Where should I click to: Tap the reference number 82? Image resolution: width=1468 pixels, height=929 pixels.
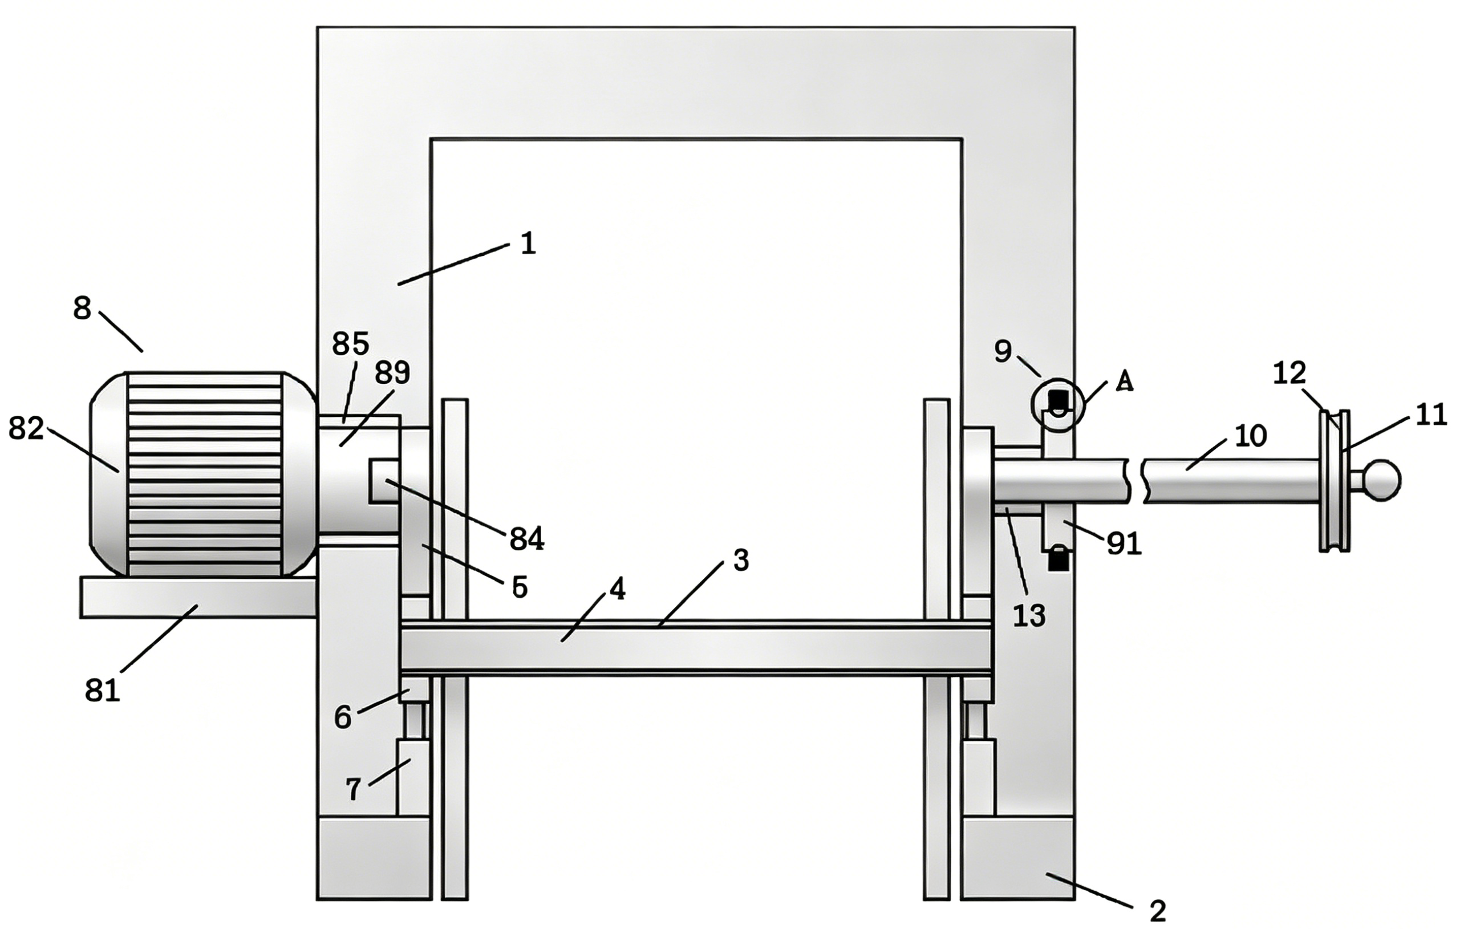pyautogui.click(x=26, y=429)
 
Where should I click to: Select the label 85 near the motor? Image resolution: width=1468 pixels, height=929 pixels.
pyautogui.click(x=351, y=344)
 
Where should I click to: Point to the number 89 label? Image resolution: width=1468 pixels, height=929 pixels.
pyautogui.click(x=392, y=372)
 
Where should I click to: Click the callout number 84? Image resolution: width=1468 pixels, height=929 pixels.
pyautogui.click(x=526, y=539)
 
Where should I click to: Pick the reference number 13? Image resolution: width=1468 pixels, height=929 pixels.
pyautogui.click(x=1029, y=616)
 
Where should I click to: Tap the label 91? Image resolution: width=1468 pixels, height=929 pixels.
pyautogui.click(x=1124, y=543)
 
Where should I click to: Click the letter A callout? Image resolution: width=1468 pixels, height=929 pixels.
pyautogui.click(x=1124, y=382)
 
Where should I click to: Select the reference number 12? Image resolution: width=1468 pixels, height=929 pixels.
pyautogui.click(x=1289, y=372)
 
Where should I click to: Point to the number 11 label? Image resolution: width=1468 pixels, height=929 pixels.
pyautogui.click(x=1430, y=416)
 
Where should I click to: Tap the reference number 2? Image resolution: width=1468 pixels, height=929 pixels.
pyautogui.click(x=1157, y=911)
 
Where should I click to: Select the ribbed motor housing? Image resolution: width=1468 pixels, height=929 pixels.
pyautogui.click(x=204, y=474)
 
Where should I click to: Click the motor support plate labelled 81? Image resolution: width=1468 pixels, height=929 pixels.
pyautogui.click(x=198, y=598)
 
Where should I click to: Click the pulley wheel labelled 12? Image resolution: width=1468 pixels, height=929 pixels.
pyautogui.click(x=1334, y=480)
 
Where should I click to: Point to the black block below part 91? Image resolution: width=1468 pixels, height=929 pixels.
pyautogui.click(x=1059, y=559)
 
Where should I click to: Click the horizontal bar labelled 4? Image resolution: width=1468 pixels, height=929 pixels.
pyautogui.click(x=695, y=648)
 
